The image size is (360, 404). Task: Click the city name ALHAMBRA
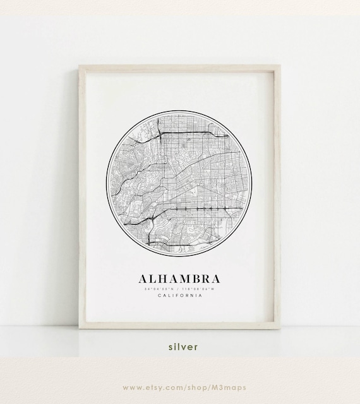180,278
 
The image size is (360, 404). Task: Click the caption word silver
183,347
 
